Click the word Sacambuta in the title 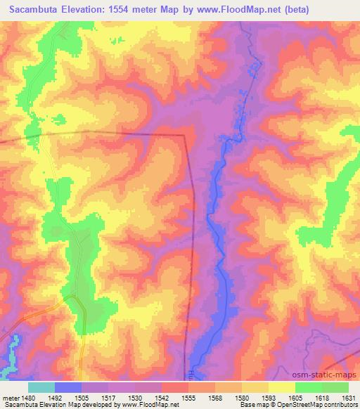pyautogui.click(x=32, y=8)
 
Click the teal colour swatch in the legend pyautogui.click(x=41, y=387)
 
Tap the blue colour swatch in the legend pyautogui.click(x=68, y=387)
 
